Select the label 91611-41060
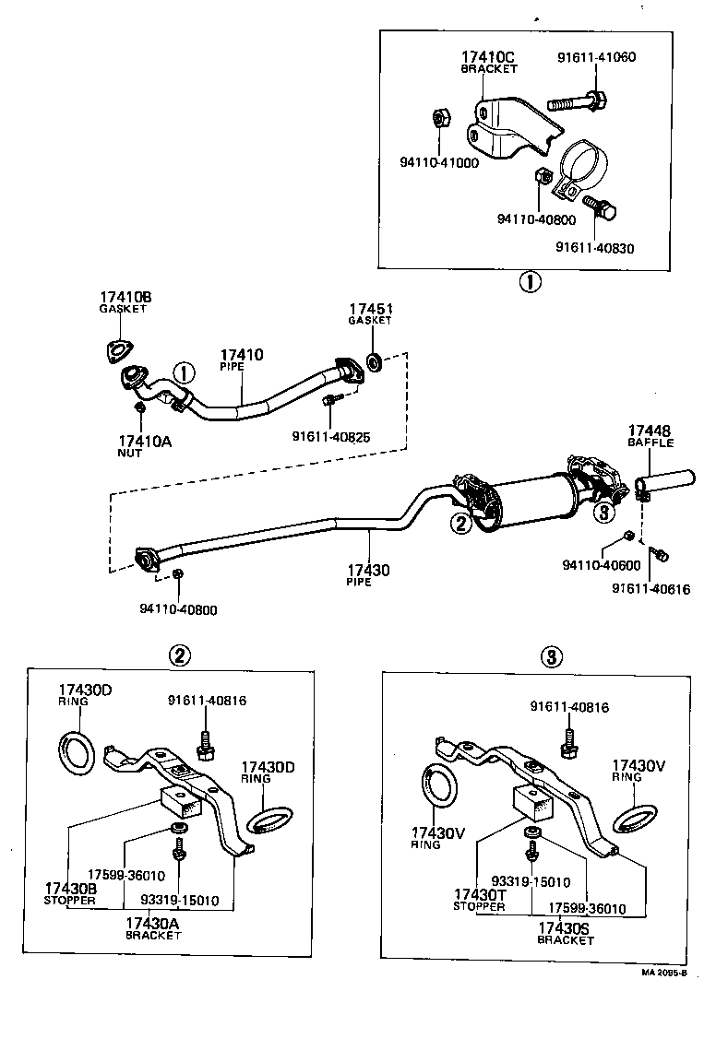point(596,56)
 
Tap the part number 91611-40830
point(595,247)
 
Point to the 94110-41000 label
point(439,162)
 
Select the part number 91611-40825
point(331,436)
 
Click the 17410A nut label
point(145,442)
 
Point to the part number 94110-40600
point(601,563)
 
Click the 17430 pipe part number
point(368,571)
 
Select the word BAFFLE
point(650,442)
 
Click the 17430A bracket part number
point(153,923)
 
